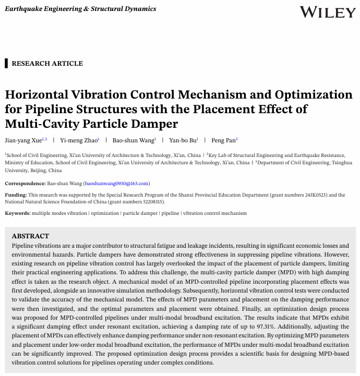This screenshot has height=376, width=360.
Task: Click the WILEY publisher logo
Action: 328,12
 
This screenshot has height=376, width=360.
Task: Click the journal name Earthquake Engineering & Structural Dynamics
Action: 80,9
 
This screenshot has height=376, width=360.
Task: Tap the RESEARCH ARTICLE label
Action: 47,64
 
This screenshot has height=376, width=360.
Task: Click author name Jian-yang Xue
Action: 23,140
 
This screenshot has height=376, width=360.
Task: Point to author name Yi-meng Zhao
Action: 78,140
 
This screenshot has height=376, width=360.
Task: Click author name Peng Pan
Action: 222,140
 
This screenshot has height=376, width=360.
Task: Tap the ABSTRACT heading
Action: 30,236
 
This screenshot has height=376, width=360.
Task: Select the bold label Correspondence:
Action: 25,184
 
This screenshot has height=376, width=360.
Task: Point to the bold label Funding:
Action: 16,195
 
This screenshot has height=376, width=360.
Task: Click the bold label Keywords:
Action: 18,213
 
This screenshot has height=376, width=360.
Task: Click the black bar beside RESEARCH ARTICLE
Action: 6,64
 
